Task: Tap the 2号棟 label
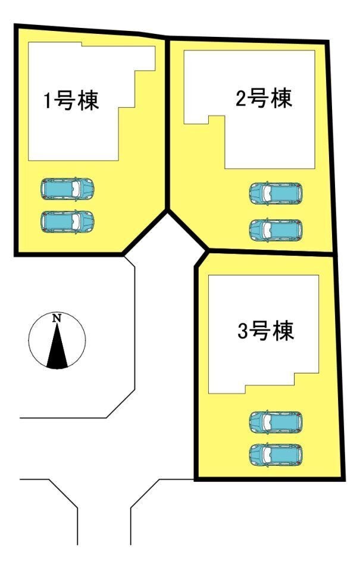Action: pos(264,98)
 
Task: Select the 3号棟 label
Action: pos(265,331)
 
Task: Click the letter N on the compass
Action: pos(57,318)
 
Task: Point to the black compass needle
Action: pos(57,346)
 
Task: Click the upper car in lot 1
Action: pos(67,189)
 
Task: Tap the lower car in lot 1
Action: pos(67,221)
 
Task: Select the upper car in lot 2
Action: pos(276,193)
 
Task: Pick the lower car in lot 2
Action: pos(276,230)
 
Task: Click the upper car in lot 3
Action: pos(276,422)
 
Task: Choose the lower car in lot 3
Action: pos(276,454)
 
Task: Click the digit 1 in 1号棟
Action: pos(48,101)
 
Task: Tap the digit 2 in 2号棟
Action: pos(242,99)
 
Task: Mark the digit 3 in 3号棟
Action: pos(243,332)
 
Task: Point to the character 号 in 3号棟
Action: pos(260,331)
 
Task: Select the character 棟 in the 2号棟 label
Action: pos(281,98)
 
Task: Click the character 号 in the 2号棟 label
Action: pos(258,98)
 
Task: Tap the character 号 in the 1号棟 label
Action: pos(64,101)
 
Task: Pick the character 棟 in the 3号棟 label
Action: pos(283,331)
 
